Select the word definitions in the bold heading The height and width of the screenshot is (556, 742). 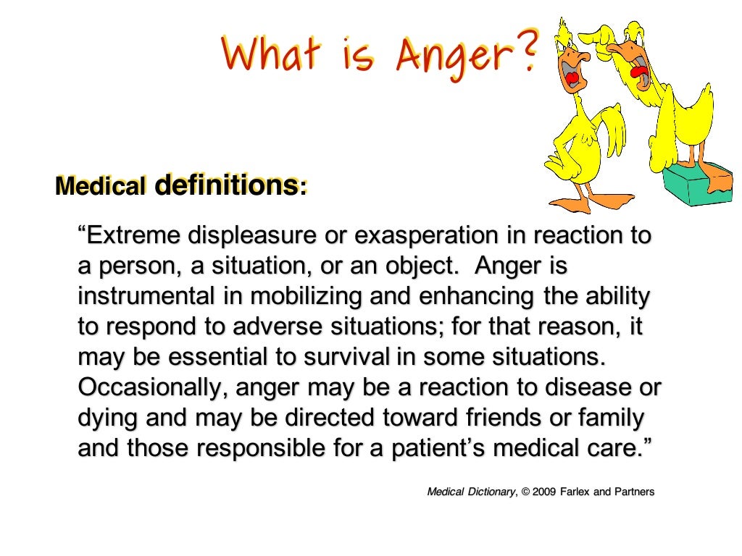coord(226,186)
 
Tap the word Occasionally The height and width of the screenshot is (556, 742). coord(149,387)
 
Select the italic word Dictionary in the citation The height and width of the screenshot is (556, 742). coord(490,492)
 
